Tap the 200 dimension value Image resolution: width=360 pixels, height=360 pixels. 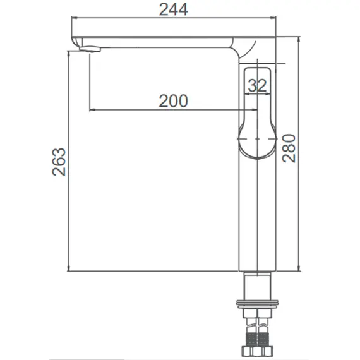point(172,100)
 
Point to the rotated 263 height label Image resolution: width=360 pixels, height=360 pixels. point(57,163)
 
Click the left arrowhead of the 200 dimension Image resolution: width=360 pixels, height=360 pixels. point(94,109)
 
